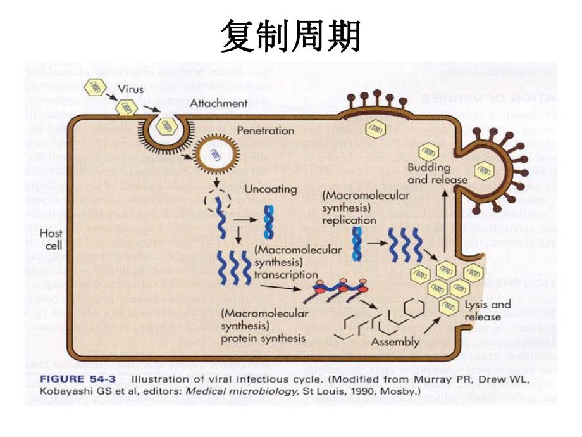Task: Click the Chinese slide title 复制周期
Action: click(x=290, y=35)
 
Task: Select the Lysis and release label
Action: click(x=486, y=310)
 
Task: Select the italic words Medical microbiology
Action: click(x=236, y=392)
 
